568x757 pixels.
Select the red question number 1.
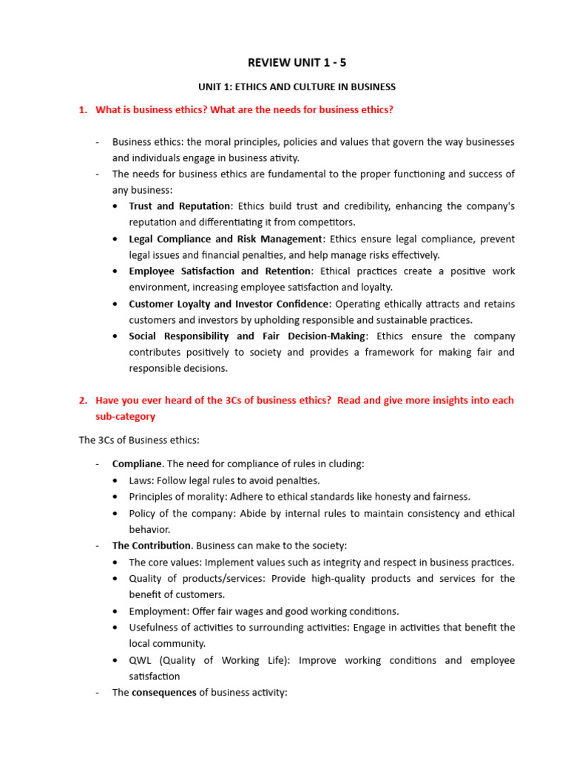coord(82,110)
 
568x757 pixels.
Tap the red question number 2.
coord(82,400)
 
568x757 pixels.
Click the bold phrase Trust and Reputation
coord(180,206)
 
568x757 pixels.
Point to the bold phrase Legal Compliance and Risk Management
coord(226,239)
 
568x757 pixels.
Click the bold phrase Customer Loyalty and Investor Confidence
coord(229,304)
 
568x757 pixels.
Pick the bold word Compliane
coord(137,464)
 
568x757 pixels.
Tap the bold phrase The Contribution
coord(152,546)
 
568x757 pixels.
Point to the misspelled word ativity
coord(283,157)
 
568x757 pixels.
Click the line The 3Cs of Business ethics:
coord(139,440)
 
